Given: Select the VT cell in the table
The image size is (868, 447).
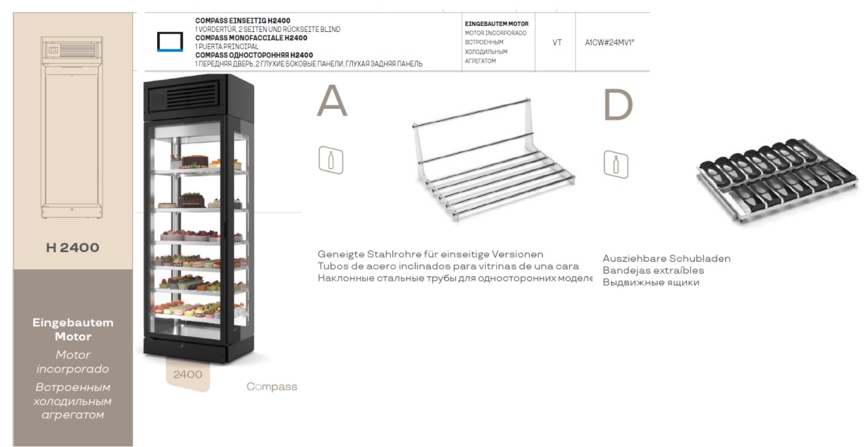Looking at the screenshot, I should click(557, 42).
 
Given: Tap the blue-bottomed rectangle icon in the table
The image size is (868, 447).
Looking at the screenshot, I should click(170, 42).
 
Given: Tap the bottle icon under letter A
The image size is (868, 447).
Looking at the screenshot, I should click(331, 160).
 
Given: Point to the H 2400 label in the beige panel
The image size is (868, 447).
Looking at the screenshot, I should click(72, 248).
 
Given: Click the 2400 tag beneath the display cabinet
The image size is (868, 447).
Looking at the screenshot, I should click(187, 375).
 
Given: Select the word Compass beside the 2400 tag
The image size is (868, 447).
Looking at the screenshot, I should click(271, 387).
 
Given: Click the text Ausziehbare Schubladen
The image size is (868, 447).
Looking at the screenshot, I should click(666, 259).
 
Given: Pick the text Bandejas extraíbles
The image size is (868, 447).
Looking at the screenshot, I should click(653, 270).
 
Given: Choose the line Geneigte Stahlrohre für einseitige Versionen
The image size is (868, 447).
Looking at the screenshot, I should click(430, 254).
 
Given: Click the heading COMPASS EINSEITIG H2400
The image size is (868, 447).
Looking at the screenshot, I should click(243, 21).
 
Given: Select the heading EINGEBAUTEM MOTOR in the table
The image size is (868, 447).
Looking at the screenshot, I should click(496, 24).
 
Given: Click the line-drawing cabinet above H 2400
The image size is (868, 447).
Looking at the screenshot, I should click(72, 128).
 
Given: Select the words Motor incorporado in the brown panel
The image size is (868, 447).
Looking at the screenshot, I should click(72, 362).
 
